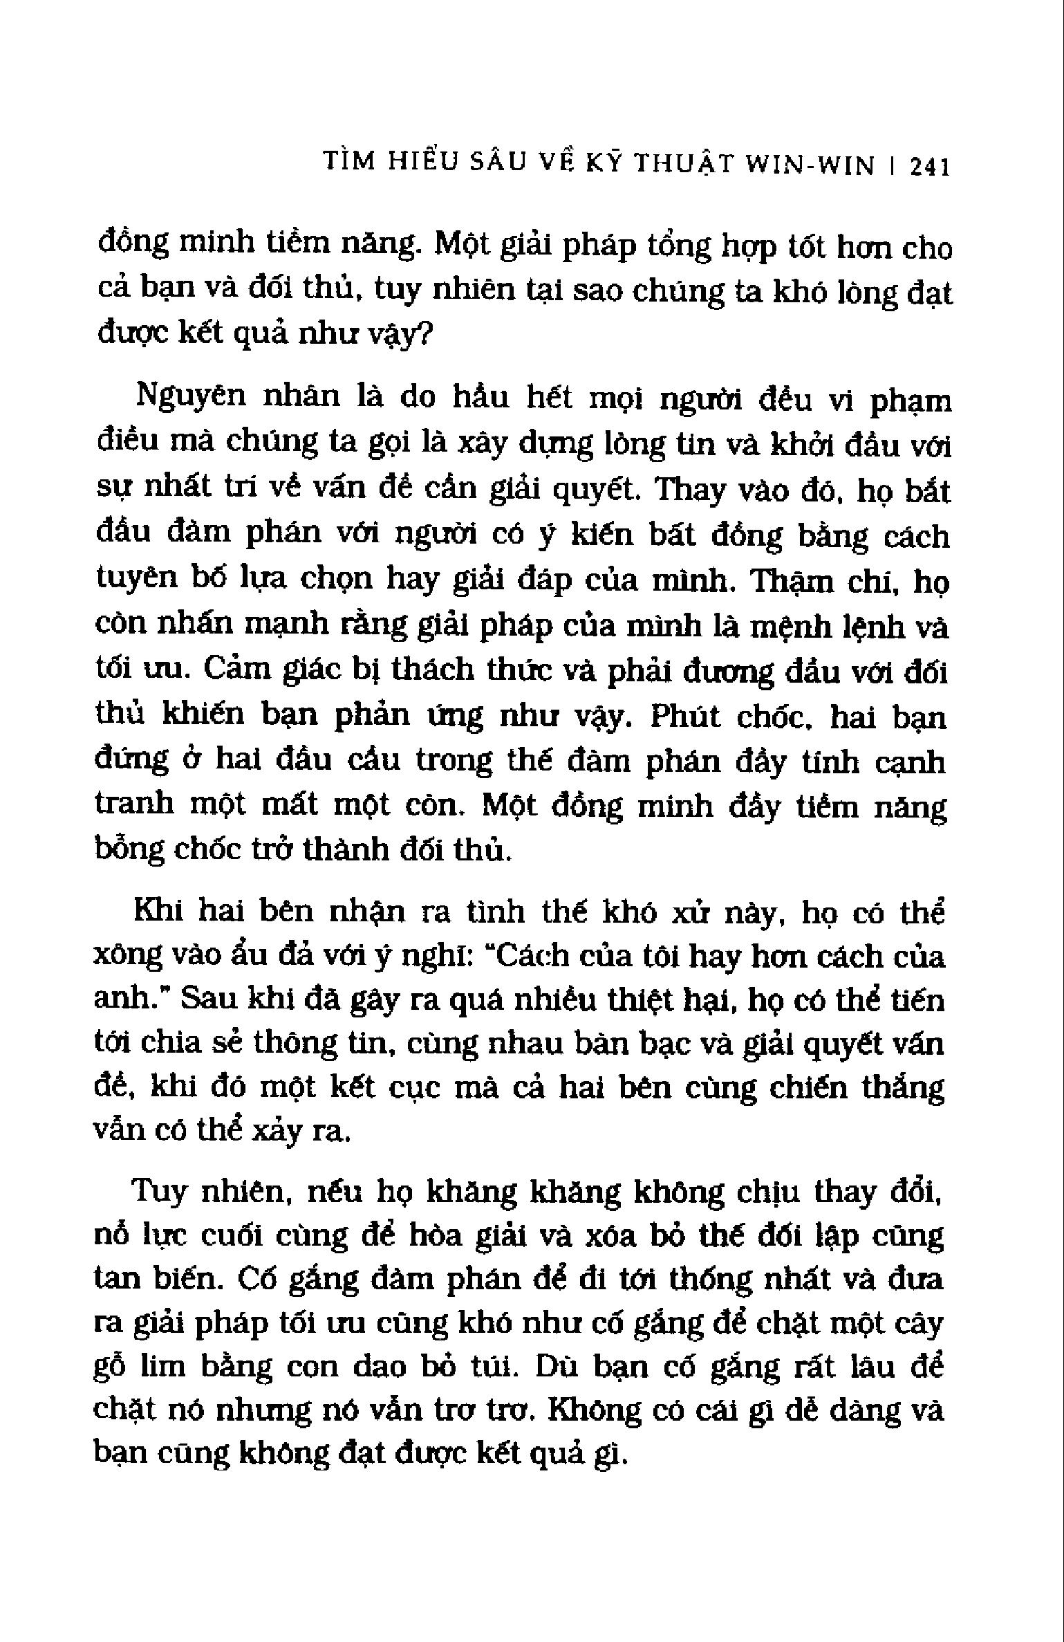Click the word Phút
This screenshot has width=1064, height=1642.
[683, 717]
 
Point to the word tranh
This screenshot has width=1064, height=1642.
[135, 805]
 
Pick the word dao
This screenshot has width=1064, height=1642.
[377, 1367]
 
